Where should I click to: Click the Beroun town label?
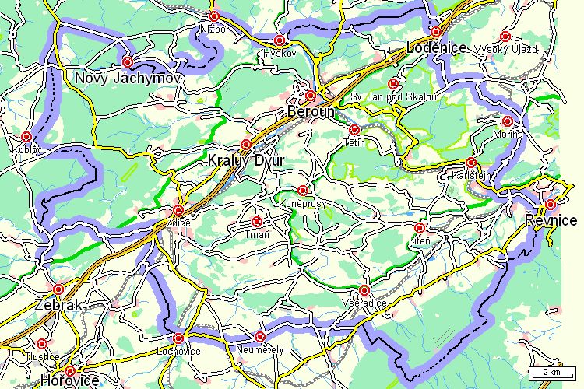click(x=311, y=111)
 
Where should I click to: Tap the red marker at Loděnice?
click(x=436, y=32)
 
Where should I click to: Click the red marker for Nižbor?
click(x=214, y=16)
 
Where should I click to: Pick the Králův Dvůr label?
click(x=247, y=160)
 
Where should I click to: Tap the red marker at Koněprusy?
click(x=303, y=190)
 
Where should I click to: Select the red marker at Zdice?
click(x=178, y=210)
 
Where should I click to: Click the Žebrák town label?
click(x=58, y=306)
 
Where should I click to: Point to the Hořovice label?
click(x=71, y=381)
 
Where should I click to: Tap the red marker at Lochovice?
click(x=178, y=338)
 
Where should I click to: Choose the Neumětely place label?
click(x=259, y=350)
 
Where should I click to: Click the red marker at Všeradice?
click(x=364, y=290)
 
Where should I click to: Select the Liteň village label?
click(x=419, y=240)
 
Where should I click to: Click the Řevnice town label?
click(x=551, y=221)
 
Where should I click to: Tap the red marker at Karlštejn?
click(x=470, y=163)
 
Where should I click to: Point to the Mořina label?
click(x=508, y=134)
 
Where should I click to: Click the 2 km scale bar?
click(x=552, y=372)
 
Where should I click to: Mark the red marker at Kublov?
click(x=26, y=136)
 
